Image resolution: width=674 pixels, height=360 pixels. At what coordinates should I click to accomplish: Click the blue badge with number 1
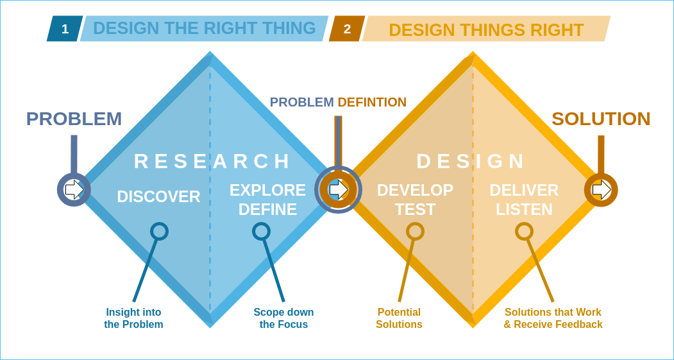coord(65,29)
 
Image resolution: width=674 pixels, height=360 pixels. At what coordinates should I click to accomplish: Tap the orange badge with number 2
coord(347,29)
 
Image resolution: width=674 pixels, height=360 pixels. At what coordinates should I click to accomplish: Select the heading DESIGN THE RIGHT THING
coord(204,28)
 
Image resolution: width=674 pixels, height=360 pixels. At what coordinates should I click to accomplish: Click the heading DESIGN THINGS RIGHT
coord(486,30)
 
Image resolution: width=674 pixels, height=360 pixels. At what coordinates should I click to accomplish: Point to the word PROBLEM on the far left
coord(74,119)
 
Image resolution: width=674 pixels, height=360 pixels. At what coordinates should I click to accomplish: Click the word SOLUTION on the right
coord(601,119)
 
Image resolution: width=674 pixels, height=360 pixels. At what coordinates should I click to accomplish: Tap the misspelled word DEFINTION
coord(372,102)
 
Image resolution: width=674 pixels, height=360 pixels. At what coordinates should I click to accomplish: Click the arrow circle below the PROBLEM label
coord(74,189)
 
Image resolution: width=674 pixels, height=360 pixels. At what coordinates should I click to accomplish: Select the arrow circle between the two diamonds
coord(338,189)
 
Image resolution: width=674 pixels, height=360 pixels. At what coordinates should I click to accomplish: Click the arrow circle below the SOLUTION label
coord(601,189)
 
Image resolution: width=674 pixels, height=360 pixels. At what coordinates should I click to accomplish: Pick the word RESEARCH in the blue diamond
coord(212,161)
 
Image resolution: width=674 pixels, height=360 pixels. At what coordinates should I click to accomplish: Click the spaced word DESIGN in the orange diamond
coord(471,161)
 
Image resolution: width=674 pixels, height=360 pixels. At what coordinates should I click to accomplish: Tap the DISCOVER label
coord(158,196)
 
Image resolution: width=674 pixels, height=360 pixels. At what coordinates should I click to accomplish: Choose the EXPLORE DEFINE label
coord(267,200)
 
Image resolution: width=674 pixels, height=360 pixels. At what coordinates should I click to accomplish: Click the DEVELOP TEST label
coord(415,200)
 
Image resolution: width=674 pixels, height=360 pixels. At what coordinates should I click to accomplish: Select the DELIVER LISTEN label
coord(524,200)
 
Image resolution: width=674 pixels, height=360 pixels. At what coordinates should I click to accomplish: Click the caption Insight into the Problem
coord(133,318)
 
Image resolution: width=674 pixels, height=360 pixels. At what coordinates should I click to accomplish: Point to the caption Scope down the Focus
coord(283,318)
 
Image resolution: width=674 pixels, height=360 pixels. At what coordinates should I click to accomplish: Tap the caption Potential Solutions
coord(399,318)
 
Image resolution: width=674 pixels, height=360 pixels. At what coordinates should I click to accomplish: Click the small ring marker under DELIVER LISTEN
coord(524,231)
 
